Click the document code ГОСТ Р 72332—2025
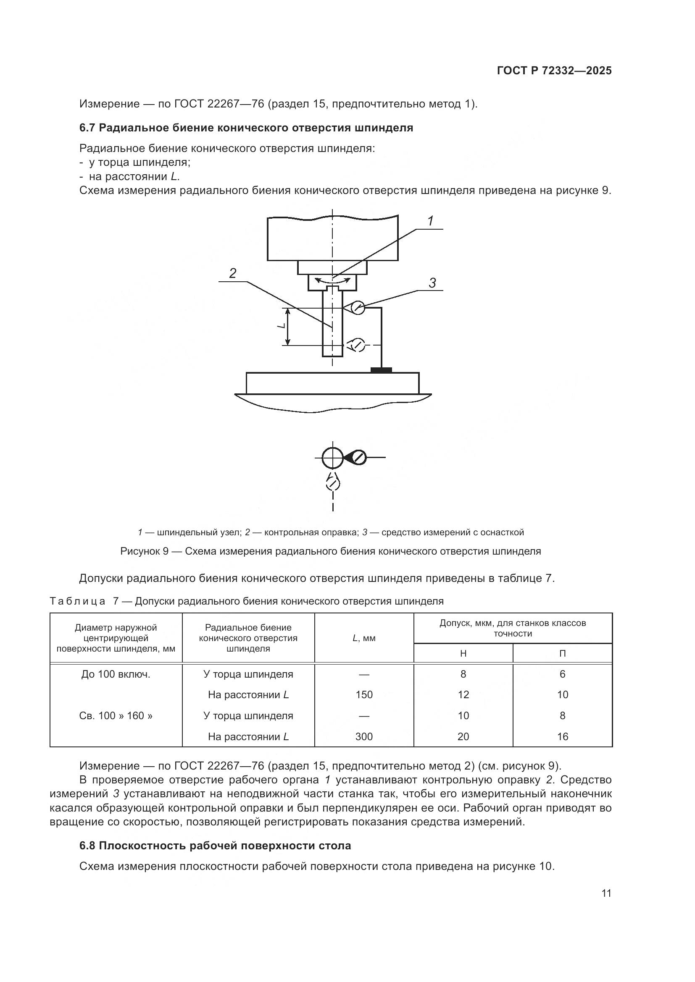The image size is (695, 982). pyautogui.click(x=554, y=71)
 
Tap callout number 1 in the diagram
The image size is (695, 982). pyautogui.click(x=431, y=221)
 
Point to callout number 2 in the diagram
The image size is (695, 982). pyautogui.click(x=232, y=273)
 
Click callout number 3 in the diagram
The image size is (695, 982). pyautogui.click(x=432, y=283)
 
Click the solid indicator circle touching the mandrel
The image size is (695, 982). pyautogui.click(x=358, y=307)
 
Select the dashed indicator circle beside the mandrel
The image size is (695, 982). pyautogui.click(x=357, y=345)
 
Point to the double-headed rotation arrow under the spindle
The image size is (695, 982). pyautogui.click(x=332, y=281)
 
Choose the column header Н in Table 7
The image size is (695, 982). pyautogui.click(x=463, y=653)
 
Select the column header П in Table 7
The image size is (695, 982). pyautogui.click(x=562, y=653)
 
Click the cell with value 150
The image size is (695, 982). pyautogui.click(x=364, y=694)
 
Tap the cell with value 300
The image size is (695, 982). pyautogui.click(x=364, y=736)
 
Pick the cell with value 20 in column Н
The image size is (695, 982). pyautogui.click(x=463, y=736)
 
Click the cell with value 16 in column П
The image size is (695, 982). pyautogui.click(x=562, y=736)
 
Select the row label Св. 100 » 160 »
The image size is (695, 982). pyautogui.click(x=116, y=715)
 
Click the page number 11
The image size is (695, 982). pyautogui.click(x=606, y=893)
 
